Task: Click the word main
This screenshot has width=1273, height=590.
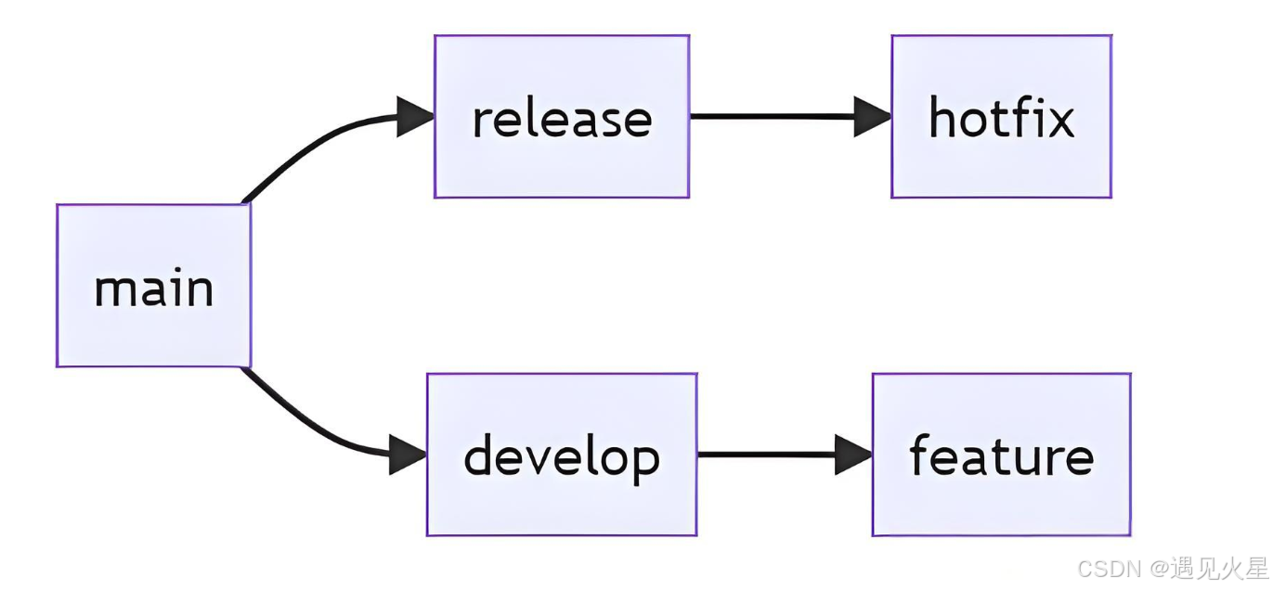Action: (154, 289)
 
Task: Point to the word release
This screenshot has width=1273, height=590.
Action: (562, 119)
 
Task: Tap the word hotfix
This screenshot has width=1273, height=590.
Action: (1001, 118)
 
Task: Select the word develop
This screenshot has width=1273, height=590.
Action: (562, 457)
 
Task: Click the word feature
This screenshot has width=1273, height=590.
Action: (1001, 456)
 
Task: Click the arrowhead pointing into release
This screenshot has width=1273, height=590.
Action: (415, 117)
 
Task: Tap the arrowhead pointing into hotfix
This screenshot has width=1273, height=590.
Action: (872, 117)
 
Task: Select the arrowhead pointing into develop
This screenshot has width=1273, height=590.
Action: (408, 455)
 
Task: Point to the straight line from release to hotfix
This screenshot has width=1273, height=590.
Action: (771, 117)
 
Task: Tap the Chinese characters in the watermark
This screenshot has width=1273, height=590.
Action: (1218, 568)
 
